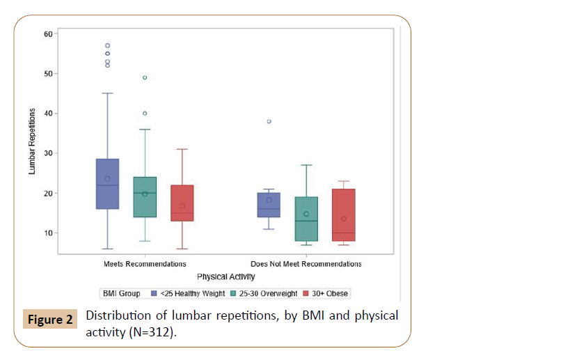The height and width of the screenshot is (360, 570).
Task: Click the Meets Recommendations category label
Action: pyautogui.click(x=145, y=265)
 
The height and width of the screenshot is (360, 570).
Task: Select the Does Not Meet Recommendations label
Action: pyautogui.click(x=306, y=265)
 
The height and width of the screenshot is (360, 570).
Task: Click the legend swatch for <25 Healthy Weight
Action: pyautogui.click(x=155, y=294)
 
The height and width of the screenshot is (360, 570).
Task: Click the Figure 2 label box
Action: pyautogui.click(x=51, y=321)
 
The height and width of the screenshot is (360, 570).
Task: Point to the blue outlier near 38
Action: pyautogui.click(x=269, y=122)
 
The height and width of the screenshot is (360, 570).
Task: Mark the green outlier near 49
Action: pyautogui.click(x=145, y=77)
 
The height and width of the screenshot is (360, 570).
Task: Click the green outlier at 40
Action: pyautogui.click(x=145, y=114)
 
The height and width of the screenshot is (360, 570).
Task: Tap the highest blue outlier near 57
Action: pyautogui.click(x=107, y=46)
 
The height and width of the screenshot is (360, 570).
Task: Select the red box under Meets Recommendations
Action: pyautogui.click(x=182, y=203)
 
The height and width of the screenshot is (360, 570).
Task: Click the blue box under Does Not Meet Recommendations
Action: pyautogui.click(x=269, y=205)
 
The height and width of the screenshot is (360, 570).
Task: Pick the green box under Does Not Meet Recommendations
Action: pyautogui.click(x=306, y=219)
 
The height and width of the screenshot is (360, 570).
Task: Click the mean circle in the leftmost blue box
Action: pyautogui.click(x=107, y=179)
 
